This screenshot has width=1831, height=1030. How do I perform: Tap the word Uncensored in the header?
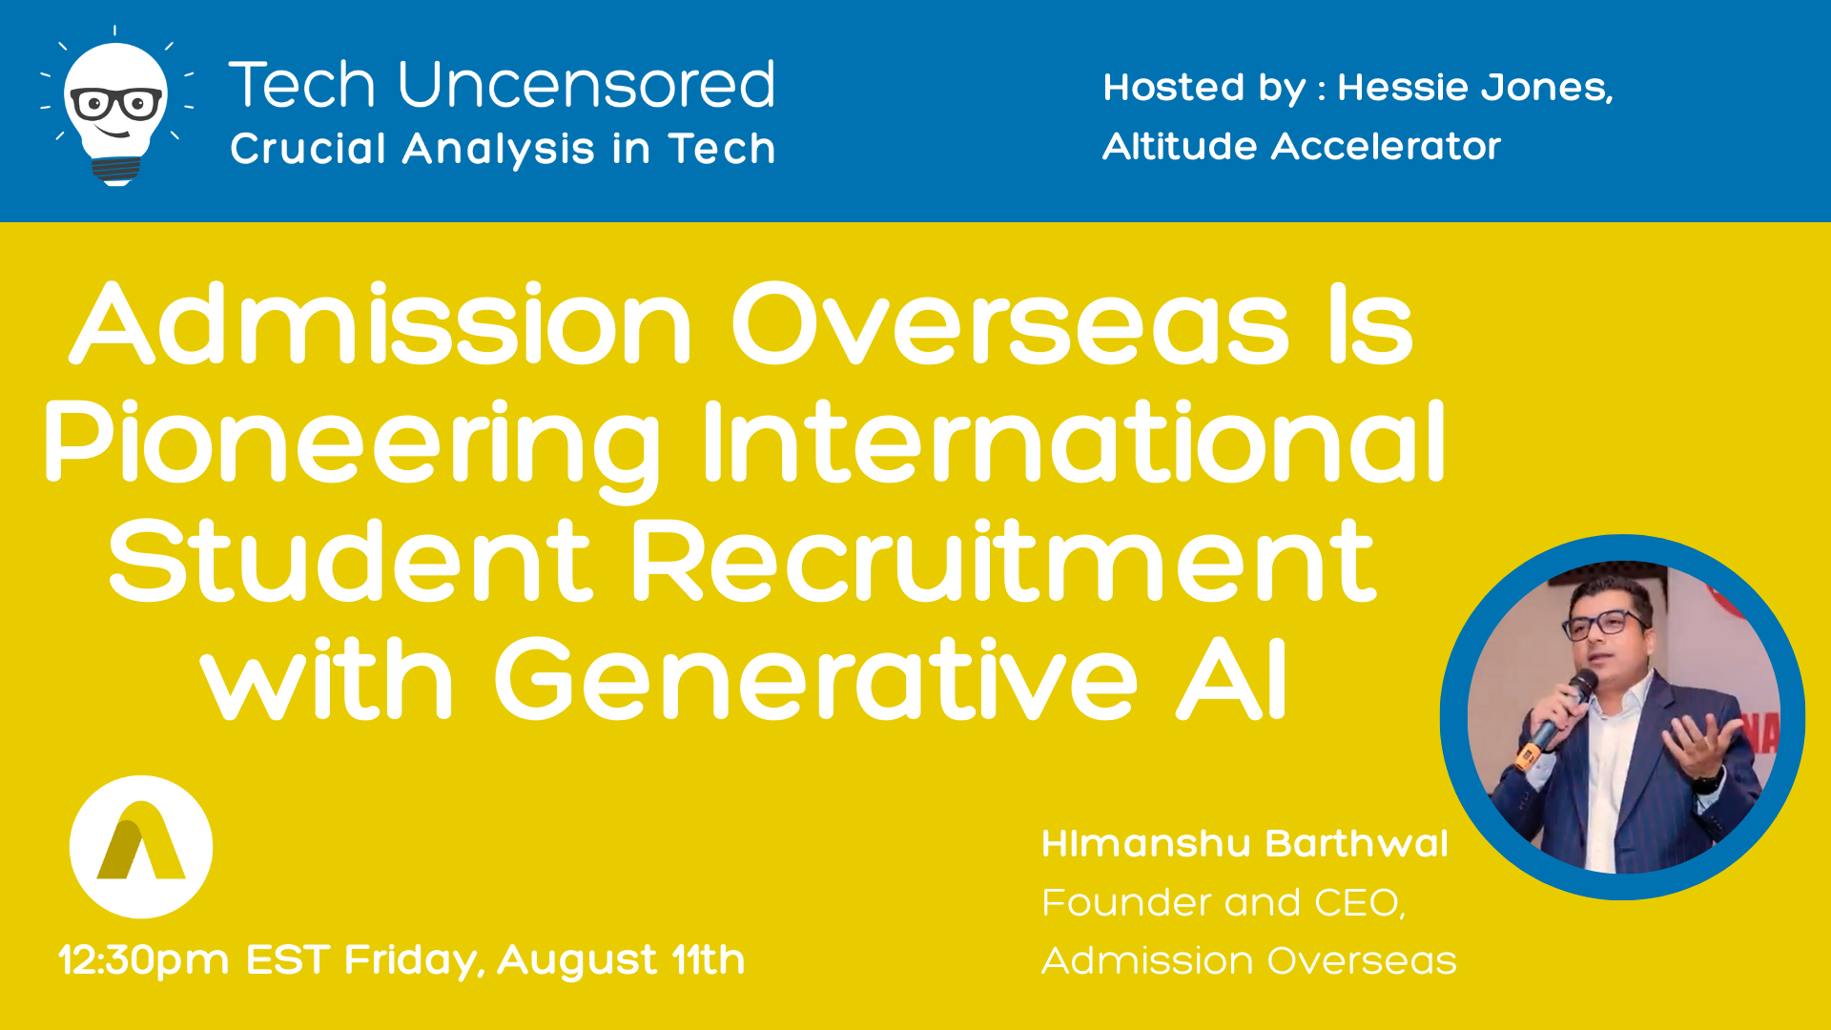coord(586,84)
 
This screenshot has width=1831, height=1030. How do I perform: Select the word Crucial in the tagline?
coord(308,148)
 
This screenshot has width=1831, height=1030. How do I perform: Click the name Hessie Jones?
coord(1475,88)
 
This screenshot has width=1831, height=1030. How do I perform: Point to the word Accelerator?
coord(1386,146)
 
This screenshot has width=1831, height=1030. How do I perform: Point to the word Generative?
coord(815,678)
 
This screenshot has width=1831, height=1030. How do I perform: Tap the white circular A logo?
coord(141,847)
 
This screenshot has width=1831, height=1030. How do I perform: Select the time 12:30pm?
coord(144,960)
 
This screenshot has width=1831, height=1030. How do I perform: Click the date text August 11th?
coord(621,959)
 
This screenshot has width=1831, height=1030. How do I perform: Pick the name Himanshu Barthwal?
coord(1245,843)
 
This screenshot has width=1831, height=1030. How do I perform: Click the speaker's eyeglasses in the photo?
coord(1606,625)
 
